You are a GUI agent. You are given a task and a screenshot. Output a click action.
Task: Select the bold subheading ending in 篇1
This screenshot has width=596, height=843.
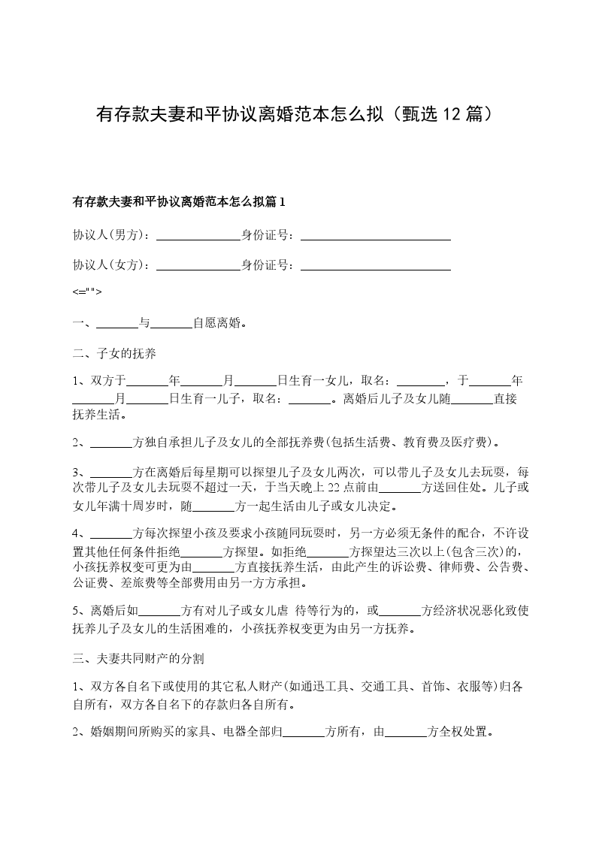point(179,202)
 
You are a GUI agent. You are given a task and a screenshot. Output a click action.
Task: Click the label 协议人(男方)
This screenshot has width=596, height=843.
point(111,234)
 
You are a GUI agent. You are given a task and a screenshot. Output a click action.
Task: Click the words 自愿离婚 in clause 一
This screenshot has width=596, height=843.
point(217,324)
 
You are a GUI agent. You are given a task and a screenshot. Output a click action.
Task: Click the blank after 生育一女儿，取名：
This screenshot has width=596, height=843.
point(421,381)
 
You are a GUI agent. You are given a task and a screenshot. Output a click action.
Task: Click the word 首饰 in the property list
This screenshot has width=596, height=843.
point(431,687)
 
